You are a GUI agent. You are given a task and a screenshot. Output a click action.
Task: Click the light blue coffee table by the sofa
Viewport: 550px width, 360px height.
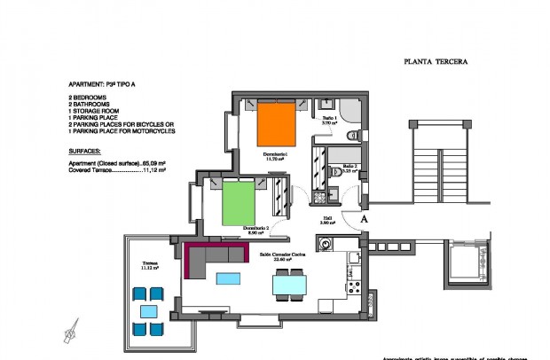(x=229, y=278)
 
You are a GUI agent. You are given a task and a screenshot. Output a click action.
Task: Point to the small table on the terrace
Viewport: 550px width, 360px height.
(x=146, y=311)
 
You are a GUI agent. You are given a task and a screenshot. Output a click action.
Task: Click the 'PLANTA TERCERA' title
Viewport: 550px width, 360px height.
(x=435, y=62)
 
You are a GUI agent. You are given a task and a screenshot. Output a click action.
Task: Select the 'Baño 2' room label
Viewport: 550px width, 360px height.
(x=350, y=166)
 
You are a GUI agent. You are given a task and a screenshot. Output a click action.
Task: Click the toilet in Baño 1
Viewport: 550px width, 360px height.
(x=351, y=135)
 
